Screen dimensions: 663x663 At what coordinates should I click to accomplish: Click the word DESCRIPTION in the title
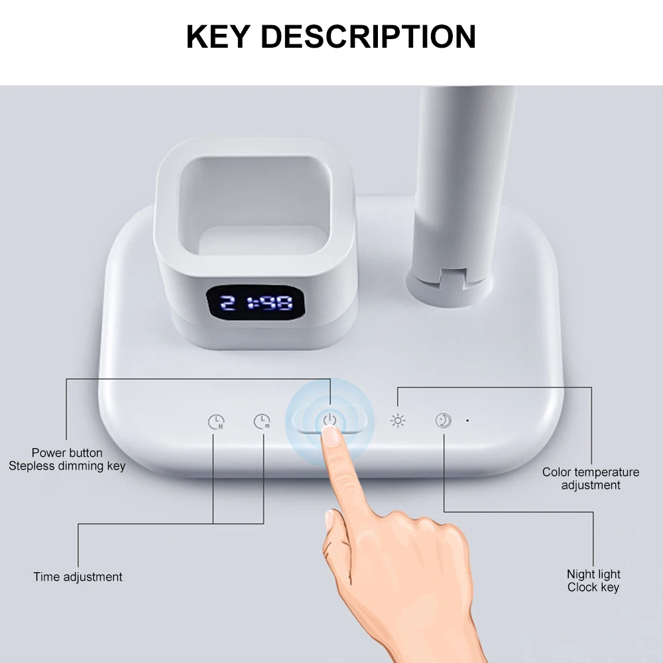(368, 36)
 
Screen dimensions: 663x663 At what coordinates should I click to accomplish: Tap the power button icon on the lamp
(330, 420)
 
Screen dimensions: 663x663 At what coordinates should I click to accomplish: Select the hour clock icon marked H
(216, 421)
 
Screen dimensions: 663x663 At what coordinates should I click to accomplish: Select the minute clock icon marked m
(262, 421)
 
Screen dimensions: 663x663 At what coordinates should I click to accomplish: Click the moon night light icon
(444, 420)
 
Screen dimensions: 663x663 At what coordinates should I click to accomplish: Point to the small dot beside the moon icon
(467, 420)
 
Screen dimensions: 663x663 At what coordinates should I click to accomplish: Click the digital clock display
(255, 304)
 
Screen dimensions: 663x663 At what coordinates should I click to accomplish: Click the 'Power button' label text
(67, 453)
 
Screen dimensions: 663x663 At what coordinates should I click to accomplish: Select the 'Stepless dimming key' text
(67, 465)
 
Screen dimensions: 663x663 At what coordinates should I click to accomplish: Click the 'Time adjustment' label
(78, 577)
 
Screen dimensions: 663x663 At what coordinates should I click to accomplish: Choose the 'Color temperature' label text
(591, 472)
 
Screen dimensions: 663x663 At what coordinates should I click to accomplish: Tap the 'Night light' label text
(593, 574)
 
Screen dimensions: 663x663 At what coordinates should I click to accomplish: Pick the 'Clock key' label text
(593, 587)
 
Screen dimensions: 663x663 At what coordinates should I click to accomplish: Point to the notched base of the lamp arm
(451, 282)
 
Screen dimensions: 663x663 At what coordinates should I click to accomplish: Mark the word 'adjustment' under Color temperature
(591, 485)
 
